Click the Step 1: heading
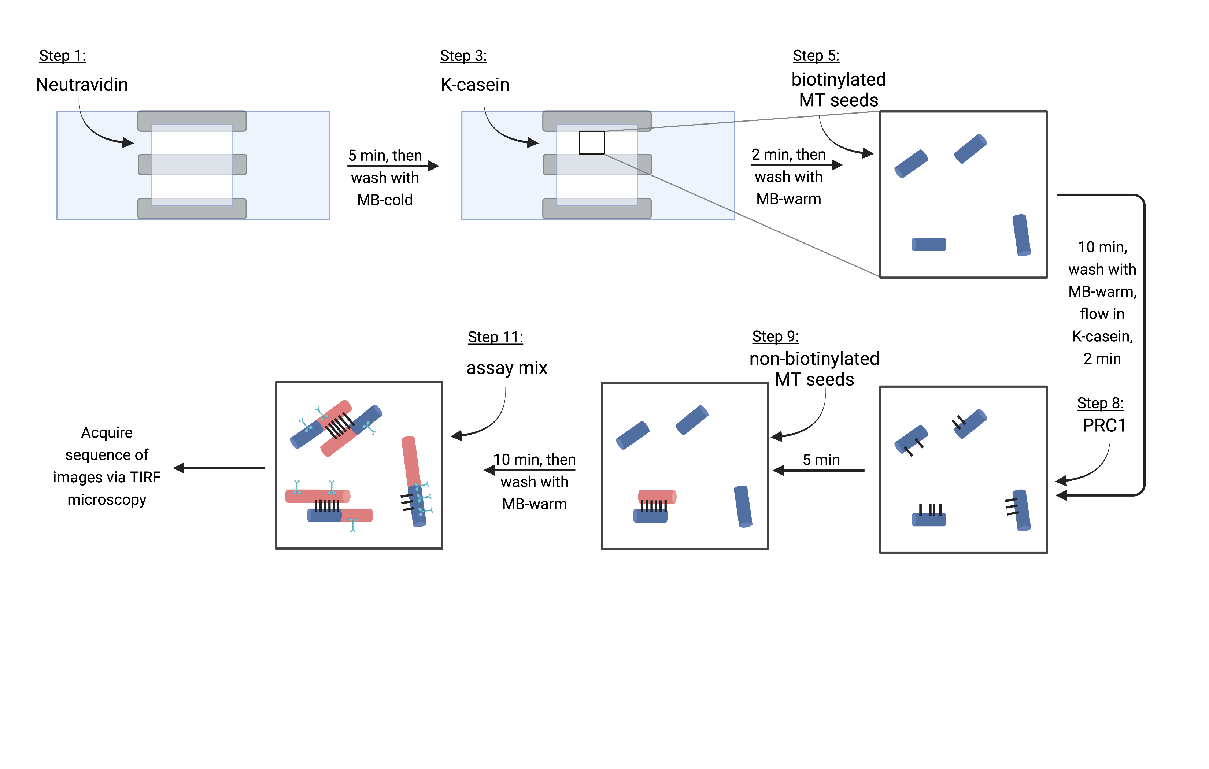[x=63, y=56]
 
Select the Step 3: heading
[x=463, y=56]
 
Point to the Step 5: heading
[x=816, y=56]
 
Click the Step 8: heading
[x=1100, y=403]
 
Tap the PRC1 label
[x=1104, y=426]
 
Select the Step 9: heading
[x=775, y=336]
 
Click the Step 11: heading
[x=496, y=337]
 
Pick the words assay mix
[x=507, y=368]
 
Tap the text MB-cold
[x=385, y=200]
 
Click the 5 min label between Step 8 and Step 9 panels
[x=821, y=460]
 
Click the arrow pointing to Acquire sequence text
[x=219, y=468]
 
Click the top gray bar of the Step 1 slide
[x=192, y=121]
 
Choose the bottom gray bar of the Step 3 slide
[x=597, y=209]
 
